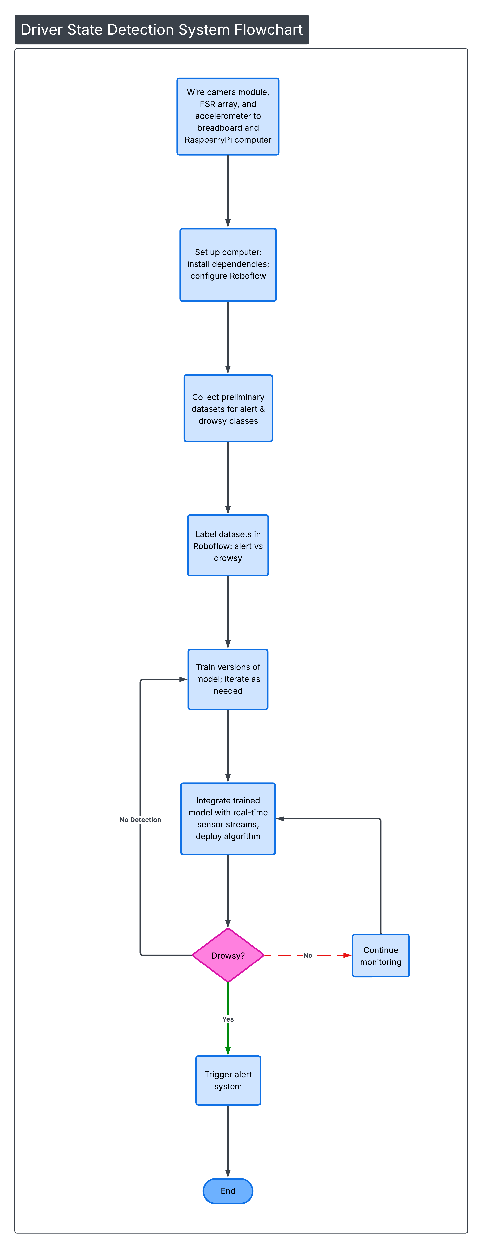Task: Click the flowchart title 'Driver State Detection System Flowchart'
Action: (x=162, y=30)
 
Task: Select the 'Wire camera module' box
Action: (x=228, y=116)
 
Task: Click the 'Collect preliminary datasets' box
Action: (x=228, y=408)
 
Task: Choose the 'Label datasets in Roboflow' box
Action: (x=228, y=546)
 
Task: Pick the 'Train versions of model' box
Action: (x=228, y=679)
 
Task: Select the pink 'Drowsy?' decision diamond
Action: (x=228, y=955)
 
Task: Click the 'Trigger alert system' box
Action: (x=228, y=1080)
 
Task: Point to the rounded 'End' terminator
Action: (x=228, y=1191)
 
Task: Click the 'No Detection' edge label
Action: (x=140, y=820)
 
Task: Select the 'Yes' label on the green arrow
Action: (x=228, y=1019)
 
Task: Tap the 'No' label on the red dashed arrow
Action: (x=308, y=955)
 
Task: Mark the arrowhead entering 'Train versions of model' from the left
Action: (x=183, y=679)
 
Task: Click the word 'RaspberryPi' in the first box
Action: (x=208, y=140)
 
